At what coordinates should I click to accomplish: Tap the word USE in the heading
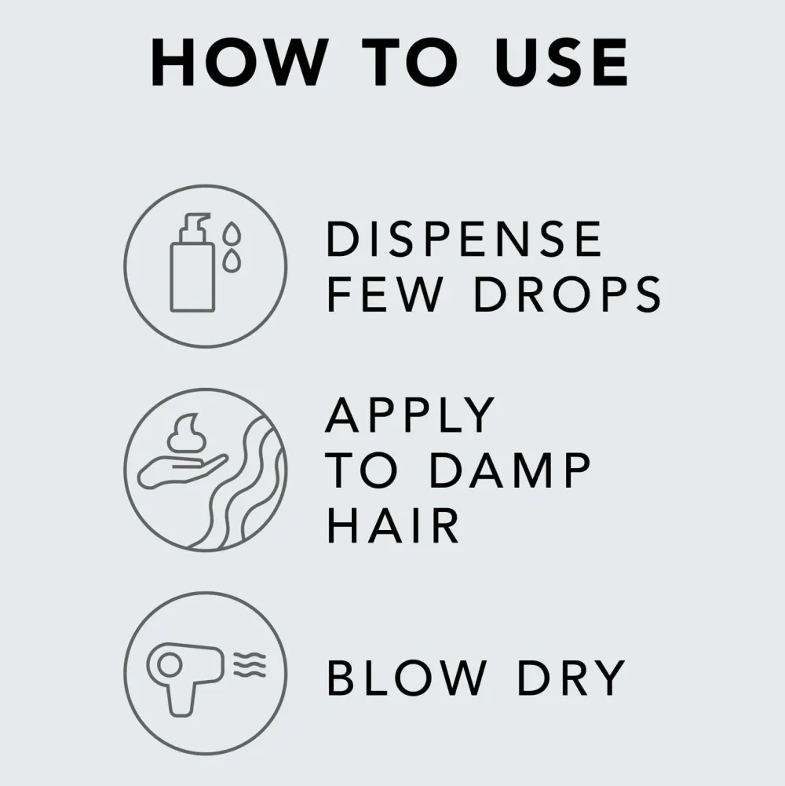[x=561, y=63]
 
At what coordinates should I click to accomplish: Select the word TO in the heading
[x=410, y=63]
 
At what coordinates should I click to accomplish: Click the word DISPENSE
[x=464, y=239]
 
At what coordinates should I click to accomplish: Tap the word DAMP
[x=510, y=470]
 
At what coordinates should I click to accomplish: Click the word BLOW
[x=407, y=678]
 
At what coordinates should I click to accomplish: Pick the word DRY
[x=571, y=678]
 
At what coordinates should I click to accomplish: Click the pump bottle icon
[x=192, y=263]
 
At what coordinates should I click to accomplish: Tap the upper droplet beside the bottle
[x=232, y=233]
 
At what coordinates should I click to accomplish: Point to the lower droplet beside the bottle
[x=232, y=261]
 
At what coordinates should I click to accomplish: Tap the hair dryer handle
[x=181, y=698]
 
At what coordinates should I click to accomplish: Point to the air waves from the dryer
[x=250, y=665]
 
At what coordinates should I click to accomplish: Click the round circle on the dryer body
[x=170, y=665]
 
